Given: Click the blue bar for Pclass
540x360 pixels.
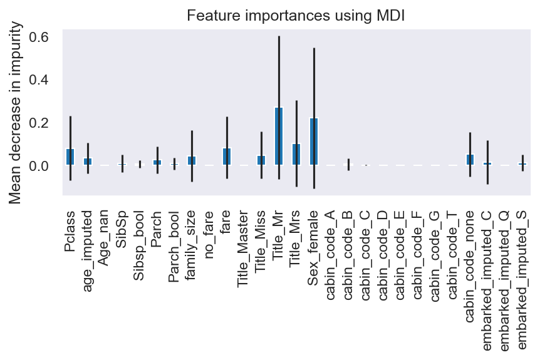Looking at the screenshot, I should coord(70,157).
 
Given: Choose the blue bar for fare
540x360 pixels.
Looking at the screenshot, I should coord(227,157).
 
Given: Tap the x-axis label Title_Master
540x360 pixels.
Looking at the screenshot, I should coord(244,245).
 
